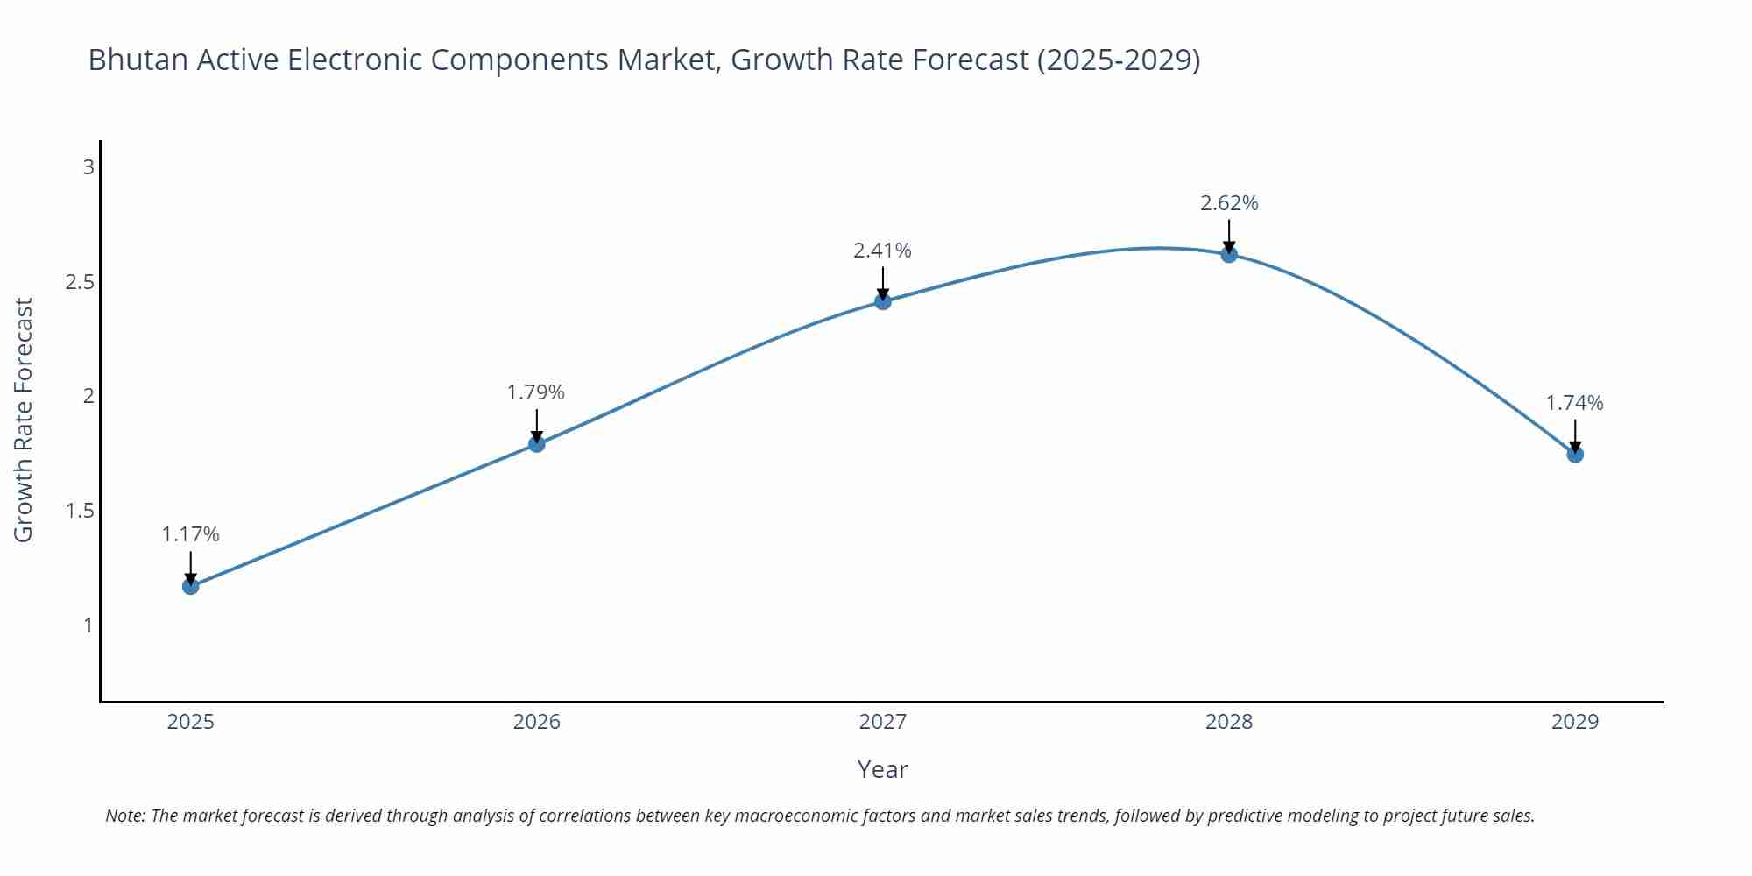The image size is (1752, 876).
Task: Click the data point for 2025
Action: pos(191,586)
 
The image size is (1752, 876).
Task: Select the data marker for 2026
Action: pos(537,444)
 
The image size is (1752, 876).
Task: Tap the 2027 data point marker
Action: pos(883,301)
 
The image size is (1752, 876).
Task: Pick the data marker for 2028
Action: pos(1229,254)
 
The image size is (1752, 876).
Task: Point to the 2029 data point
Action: pos(1575,454)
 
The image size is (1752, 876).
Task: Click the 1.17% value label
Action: pos(191,534)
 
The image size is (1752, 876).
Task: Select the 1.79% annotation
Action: pos(536,392)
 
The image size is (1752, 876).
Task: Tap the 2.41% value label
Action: pos(882,251)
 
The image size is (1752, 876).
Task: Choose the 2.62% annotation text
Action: pos(1229,203)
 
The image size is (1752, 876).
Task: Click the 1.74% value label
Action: pos(1574,403)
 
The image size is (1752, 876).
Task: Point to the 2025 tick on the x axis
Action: pos(191,722)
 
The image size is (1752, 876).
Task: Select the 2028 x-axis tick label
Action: pos(1229,722)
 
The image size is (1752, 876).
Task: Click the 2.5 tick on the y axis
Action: pos(80,282)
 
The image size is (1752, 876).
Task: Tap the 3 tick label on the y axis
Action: pos(88,166)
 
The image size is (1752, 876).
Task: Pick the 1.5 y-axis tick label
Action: pos(80,511)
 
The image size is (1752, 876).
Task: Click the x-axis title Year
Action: pos(882,769)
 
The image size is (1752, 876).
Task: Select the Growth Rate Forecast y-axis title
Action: pos(24,420)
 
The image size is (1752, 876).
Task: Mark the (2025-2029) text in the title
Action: pos(1118,60)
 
